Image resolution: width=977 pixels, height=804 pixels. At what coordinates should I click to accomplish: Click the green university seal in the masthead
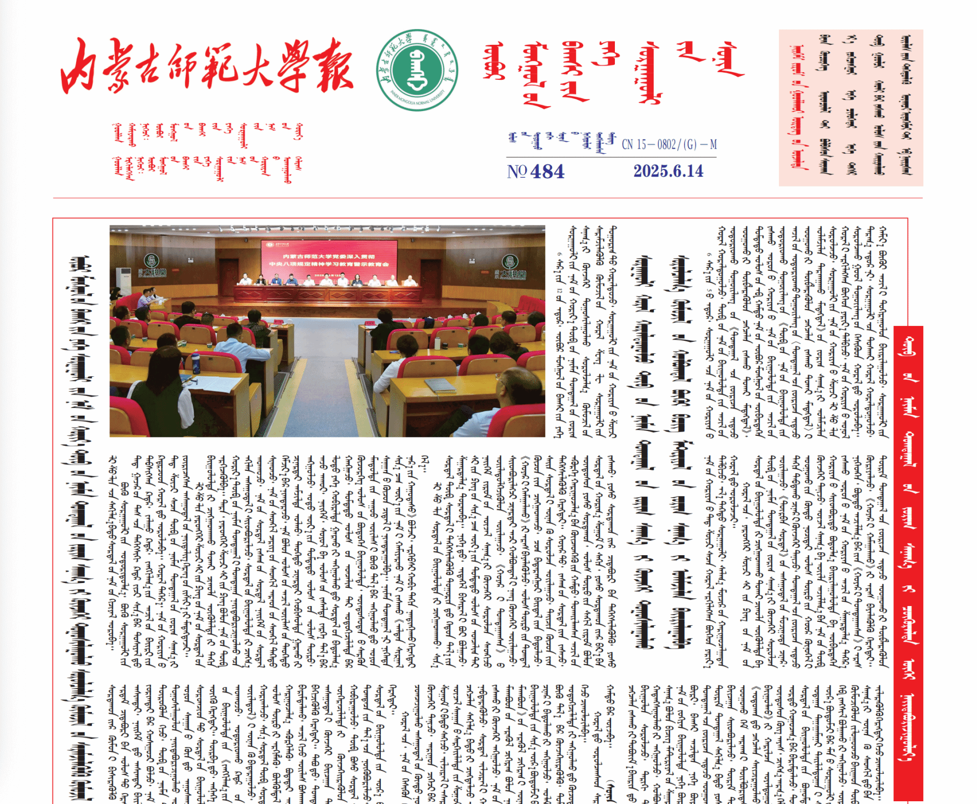417,70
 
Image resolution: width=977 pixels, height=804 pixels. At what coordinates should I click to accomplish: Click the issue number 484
547,172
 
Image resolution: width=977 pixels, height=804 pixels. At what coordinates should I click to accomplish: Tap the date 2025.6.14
668,171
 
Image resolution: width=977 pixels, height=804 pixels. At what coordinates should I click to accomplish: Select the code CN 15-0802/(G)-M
669,144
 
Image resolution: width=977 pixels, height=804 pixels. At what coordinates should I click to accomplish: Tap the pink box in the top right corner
851,108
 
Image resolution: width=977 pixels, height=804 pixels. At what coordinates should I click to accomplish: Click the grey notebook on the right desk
440,386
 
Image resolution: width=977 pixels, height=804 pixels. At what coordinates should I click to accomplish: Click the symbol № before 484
516,172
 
